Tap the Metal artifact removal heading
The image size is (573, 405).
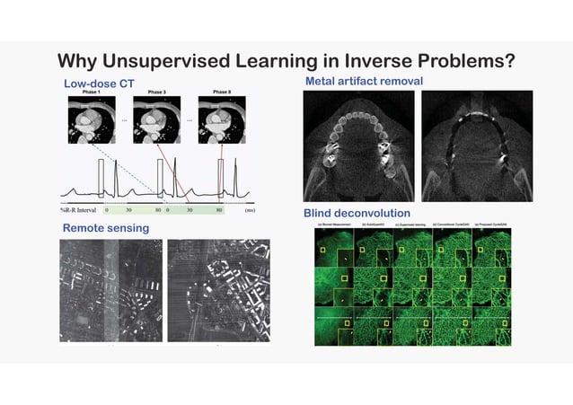point(365,82)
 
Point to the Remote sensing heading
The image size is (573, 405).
point(105,228)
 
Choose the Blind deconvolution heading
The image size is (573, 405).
point(357,213)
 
